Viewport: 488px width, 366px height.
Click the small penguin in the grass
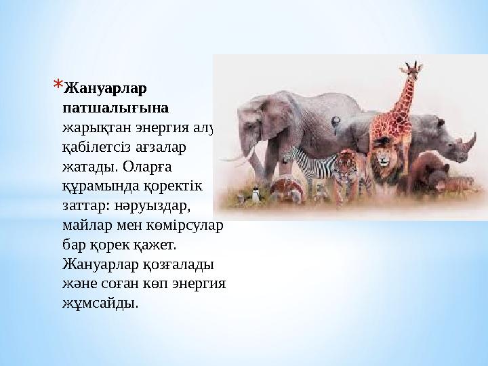[256, 197]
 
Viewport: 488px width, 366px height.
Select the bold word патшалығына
[115, 108]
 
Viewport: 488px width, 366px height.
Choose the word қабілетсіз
[99, 147]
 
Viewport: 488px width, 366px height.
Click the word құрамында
[99, 185]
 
